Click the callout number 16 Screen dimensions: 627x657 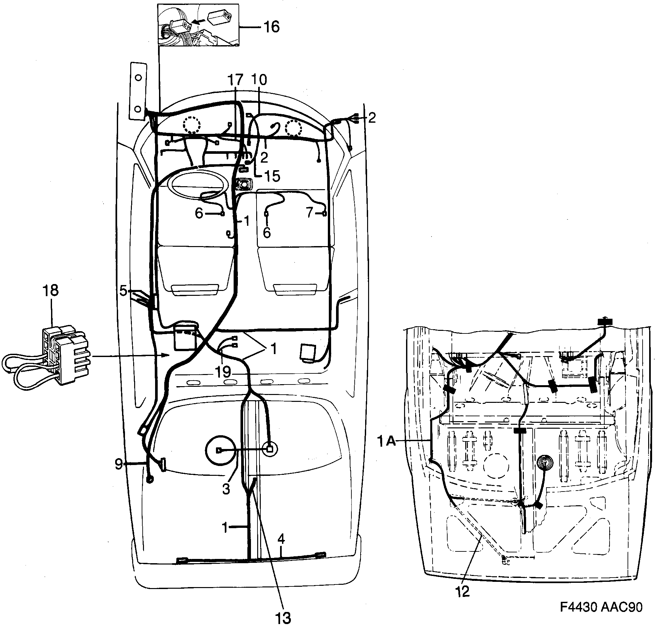[x=271, y=27]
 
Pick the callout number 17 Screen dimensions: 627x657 [x=235, y=80]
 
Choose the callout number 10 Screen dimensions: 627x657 [x=259, y=80]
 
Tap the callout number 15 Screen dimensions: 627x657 [x=272, y=176]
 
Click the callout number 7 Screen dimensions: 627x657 [x=310, y=213]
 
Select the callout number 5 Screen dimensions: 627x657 [x=123, y=291]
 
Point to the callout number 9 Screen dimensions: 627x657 [x=119, y=464]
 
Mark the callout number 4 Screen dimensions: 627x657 [x=281, y=539]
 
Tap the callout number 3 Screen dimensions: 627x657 [x=226, y=489]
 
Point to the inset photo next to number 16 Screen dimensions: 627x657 [x=199, y=25]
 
